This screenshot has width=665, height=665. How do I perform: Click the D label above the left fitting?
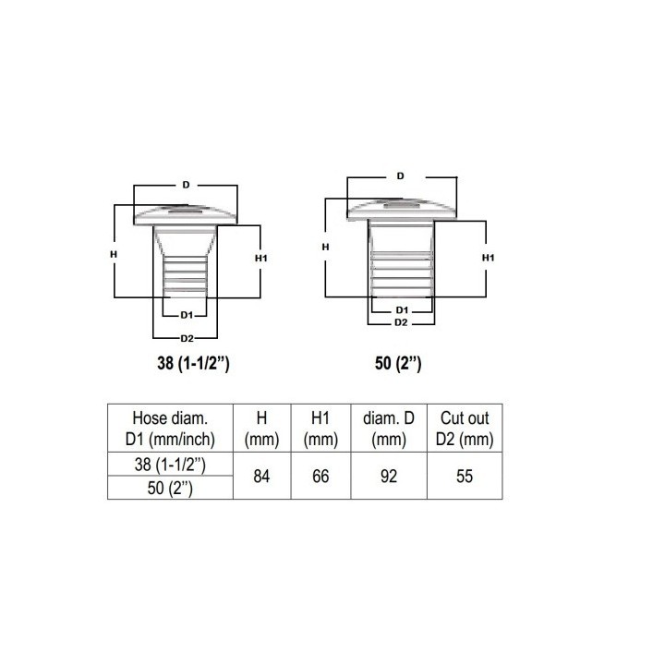click(186, 185)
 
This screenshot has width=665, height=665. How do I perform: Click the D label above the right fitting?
click(400, 176)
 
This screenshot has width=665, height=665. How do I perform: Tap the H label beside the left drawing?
click(114, 255)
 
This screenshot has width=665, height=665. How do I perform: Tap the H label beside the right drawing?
click(325, 247)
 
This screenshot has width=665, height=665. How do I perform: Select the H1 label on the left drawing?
click(261, 258)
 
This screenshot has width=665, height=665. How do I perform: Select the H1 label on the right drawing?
click(489, 258)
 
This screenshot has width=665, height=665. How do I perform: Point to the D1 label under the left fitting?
click(187, 315)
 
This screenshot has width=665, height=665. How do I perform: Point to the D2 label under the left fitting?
click(187, 338)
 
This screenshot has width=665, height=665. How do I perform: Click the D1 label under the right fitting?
click(402, 310)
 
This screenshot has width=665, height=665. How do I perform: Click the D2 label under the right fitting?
click(401, 322)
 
